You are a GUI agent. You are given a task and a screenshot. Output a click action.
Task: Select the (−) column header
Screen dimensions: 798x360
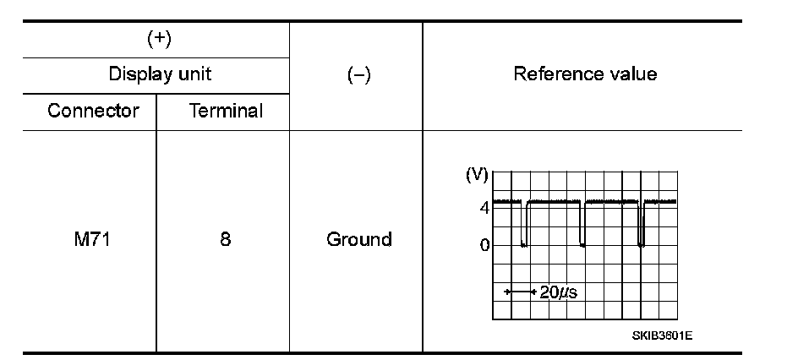358,74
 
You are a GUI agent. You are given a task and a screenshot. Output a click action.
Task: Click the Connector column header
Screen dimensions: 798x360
93,111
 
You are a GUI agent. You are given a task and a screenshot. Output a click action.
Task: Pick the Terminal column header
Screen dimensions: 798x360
226,111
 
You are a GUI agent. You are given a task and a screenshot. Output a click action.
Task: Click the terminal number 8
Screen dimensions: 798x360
225,239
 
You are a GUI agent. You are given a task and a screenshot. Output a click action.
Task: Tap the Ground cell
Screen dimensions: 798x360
358,239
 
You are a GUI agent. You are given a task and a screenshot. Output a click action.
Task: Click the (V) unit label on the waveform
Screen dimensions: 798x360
477,176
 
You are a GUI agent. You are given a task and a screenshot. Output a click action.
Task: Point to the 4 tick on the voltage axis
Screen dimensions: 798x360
484,207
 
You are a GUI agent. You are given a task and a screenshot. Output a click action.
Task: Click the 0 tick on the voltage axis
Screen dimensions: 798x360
484,246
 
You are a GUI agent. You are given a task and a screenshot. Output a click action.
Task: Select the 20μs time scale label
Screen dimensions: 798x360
559,292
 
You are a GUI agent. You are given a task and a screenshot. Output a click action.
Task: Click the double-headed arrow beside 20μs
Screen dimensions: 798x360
521,292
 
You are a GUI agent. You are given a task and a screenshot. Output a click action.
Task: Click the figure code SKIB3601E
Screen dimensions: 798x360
662,335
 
